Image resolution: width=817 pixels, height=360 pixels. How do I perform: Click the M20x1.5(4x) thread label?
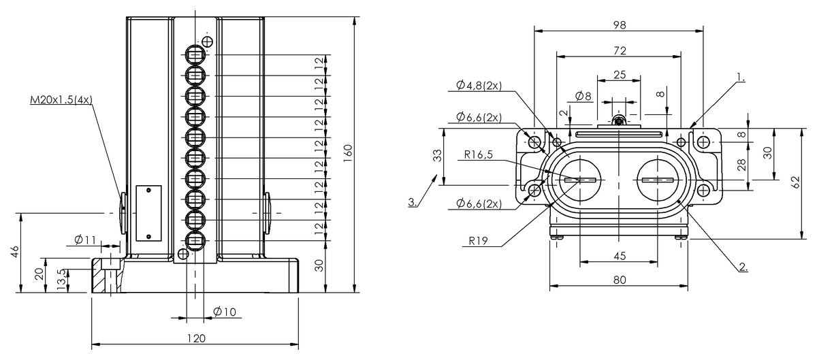coord(61,99)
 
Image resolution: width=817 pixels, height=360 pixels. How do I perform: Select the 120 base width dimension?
coord(196,338)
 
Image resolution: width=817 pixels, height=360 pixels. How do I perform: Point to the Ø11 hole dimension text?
coord(85,240)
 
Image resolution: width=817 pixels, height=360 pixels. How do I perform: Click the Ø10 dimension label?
coord(225,312)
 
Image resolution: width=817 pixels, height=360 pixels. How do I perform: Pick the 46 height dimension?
coord(15,252)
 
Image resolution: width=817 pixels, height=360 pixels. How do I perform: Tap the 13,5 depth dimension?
coord(63,280)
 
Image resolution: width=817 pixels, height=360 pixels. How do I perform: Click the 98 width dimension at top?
coord(620,24)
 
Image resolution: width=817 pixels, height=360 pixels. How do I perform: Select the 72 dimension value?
coord(620,50)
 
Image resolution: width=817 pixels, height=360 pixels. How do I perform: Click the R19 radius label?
coord(478,241)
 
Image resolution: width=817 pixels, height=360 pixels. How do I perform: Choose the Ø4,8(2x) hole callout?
coord(479,85)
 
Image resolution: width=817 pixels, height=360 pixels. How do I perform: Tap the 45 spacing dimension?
coord(620,256)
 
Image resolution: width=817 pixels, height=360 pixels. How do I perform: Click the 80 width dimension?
coord(620,280)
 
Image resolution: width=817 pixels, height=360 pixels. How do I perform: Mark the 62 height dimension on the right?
coord(796,182)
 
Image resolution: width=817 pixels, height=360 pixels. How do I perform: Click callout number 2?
coord(743,267)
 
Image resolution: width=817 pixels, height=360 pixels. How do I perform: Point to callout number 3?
coord(413,202)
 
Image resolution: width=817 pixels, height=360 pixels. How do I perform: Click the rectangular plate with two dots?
coord(149,214)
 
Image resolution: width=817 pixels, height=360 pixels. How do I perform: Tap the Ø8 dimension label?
coord(583,96)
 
